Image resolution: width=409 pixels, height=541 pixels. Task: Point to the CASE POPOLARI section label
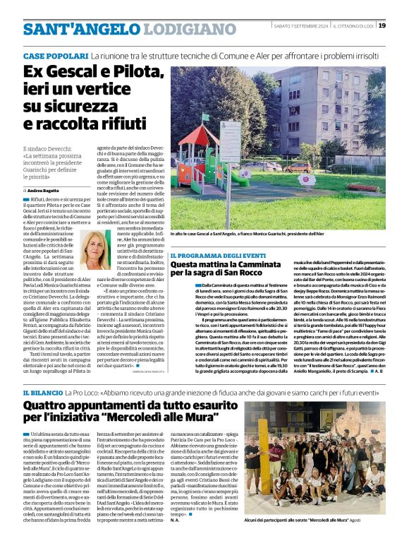(55, 55)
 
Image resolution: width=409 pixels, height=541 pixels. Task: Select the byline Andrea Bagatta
(44, 191)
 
